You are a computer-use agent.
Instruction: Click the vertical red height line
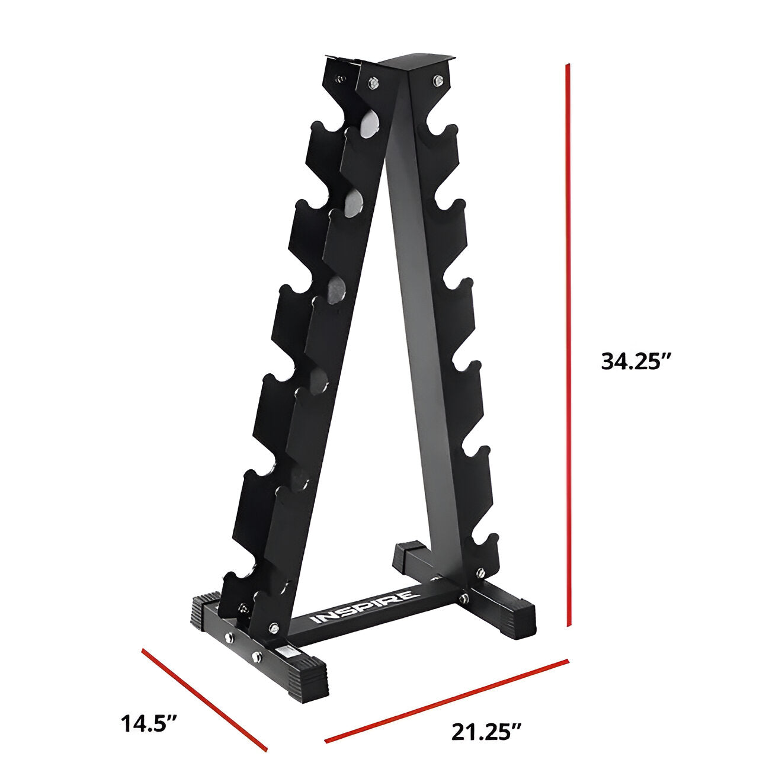click(x=568, y=344)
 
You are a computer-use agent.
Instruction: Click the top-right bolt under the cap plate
click(x=437, y=79)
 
